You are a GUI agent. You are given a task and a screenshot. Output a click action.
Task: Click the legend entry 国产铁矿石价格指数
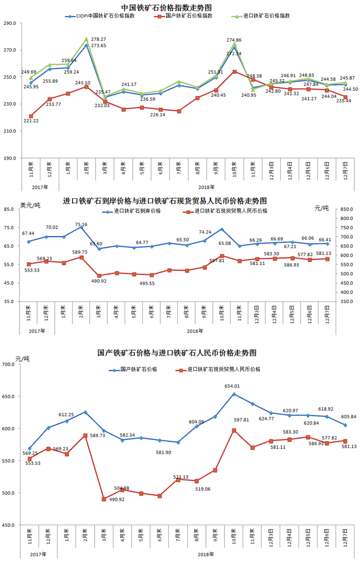[x=189, y=16]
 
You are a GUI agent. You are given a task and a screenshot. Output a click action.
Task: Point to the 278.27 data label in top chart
[x=99, y=39]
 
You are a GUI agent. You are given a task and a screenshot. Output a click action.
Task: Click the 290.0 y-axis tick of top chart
[x=10, y=24]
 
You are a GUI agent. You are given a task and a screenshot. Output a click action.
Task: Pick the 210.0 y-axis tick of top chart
[x=10, y=131]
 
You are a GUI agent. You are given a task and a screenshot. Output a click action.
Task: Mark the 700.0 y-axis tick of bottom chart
[x=9, y=365]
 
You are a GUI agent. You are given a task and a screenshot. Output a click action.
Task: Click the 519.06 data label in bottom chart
[x=204, y=489]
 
